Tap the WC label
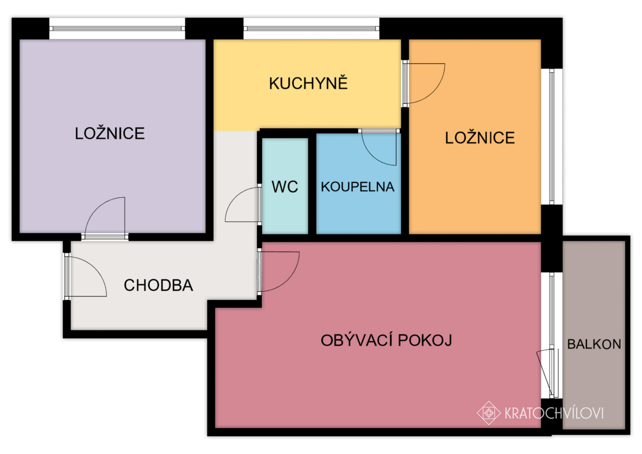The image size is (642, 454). [x=285, y=187]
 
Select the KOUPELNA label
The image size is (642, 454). [x=358, y=187]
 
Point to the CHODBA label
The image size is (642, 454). [x=158, y=285]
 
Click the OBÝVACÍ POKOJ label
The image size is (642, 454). [x=386, y=340]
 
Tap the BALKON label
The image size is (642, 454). [x=594, y=344]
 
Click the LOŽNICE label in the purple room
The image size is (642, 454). [x=110, y=133]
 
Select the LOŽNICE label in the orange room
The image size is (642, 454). [x=480, y=138]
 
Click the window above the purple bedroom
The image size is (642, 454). [x=117, y=28]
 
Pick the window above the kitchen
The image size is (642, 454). [x=311, y=28]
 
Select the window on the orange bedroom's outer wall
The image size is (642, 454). [x=552, y=137]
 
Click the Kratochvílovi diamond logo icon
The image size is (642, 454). [x=489, y=413]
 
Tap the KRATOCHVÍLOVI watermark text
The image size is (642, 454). [x=554, y=413]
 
